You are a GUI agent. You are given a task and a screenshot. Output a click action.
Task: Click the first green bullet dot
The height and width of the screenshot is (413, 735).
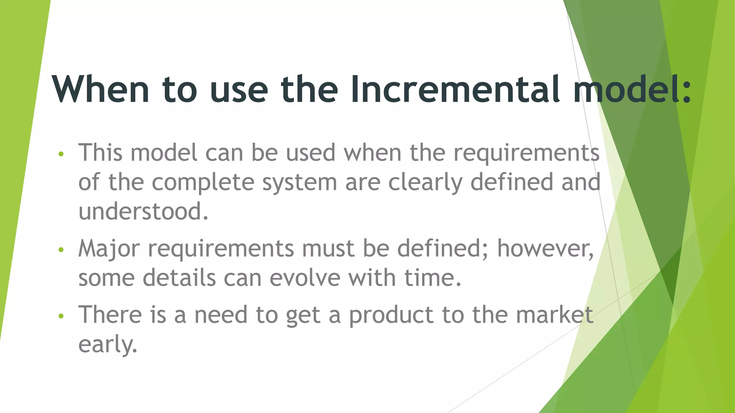(x=61, y=154)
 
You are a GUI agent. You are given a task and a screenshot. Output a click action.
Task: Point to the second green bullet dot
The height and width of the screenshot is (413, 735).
(x=61, y=250)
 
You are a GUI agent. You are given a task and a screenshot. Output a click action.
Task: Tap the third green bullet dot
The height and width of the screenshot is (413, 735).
(x=61, y=316)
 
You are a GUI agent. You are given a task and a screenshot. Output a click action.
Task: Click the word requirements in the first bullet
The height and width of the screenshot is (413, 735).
(x=526, y=153)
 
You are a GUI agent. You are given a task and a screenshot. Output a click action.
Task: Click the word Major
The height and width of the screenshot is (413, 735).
(x=109, y=249)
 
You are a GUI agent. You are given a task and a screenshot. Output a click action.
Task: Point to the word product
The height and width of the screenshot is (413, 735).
(x=391, y=315)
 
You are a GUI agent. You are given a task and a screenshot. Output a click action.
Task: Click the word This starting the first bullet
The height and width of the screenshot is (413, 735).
(x=102, y=153)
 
